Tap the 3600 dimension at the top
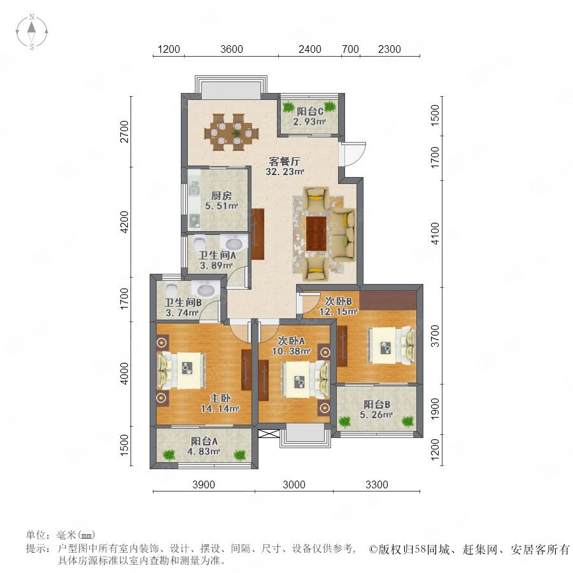[x=232, y=49]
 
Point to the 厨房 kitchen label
[x=212, y=195]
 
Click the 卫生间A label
[x=208, y=256]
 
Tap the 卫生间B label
[x=183, y=303]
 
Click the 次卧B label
[x=339, y=301]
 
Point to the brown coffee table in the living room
[x=316, y=234]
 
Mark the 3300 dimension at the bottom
[x=376, y=485]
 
